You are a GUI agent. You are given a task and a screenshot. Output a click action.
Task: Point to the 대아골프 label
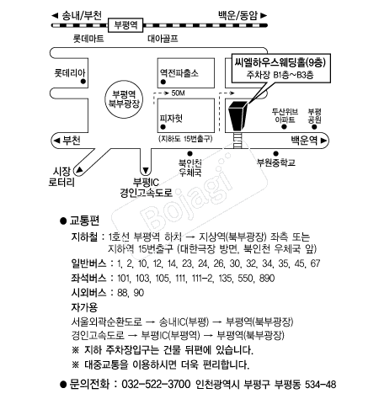[x=163, y=39]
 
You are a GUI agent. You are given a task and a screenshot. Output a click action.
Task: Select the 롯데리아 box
[x=69, y=73]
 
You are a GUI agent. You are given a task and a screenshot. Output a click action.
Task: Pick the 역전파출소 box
[x=178, y=73]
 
